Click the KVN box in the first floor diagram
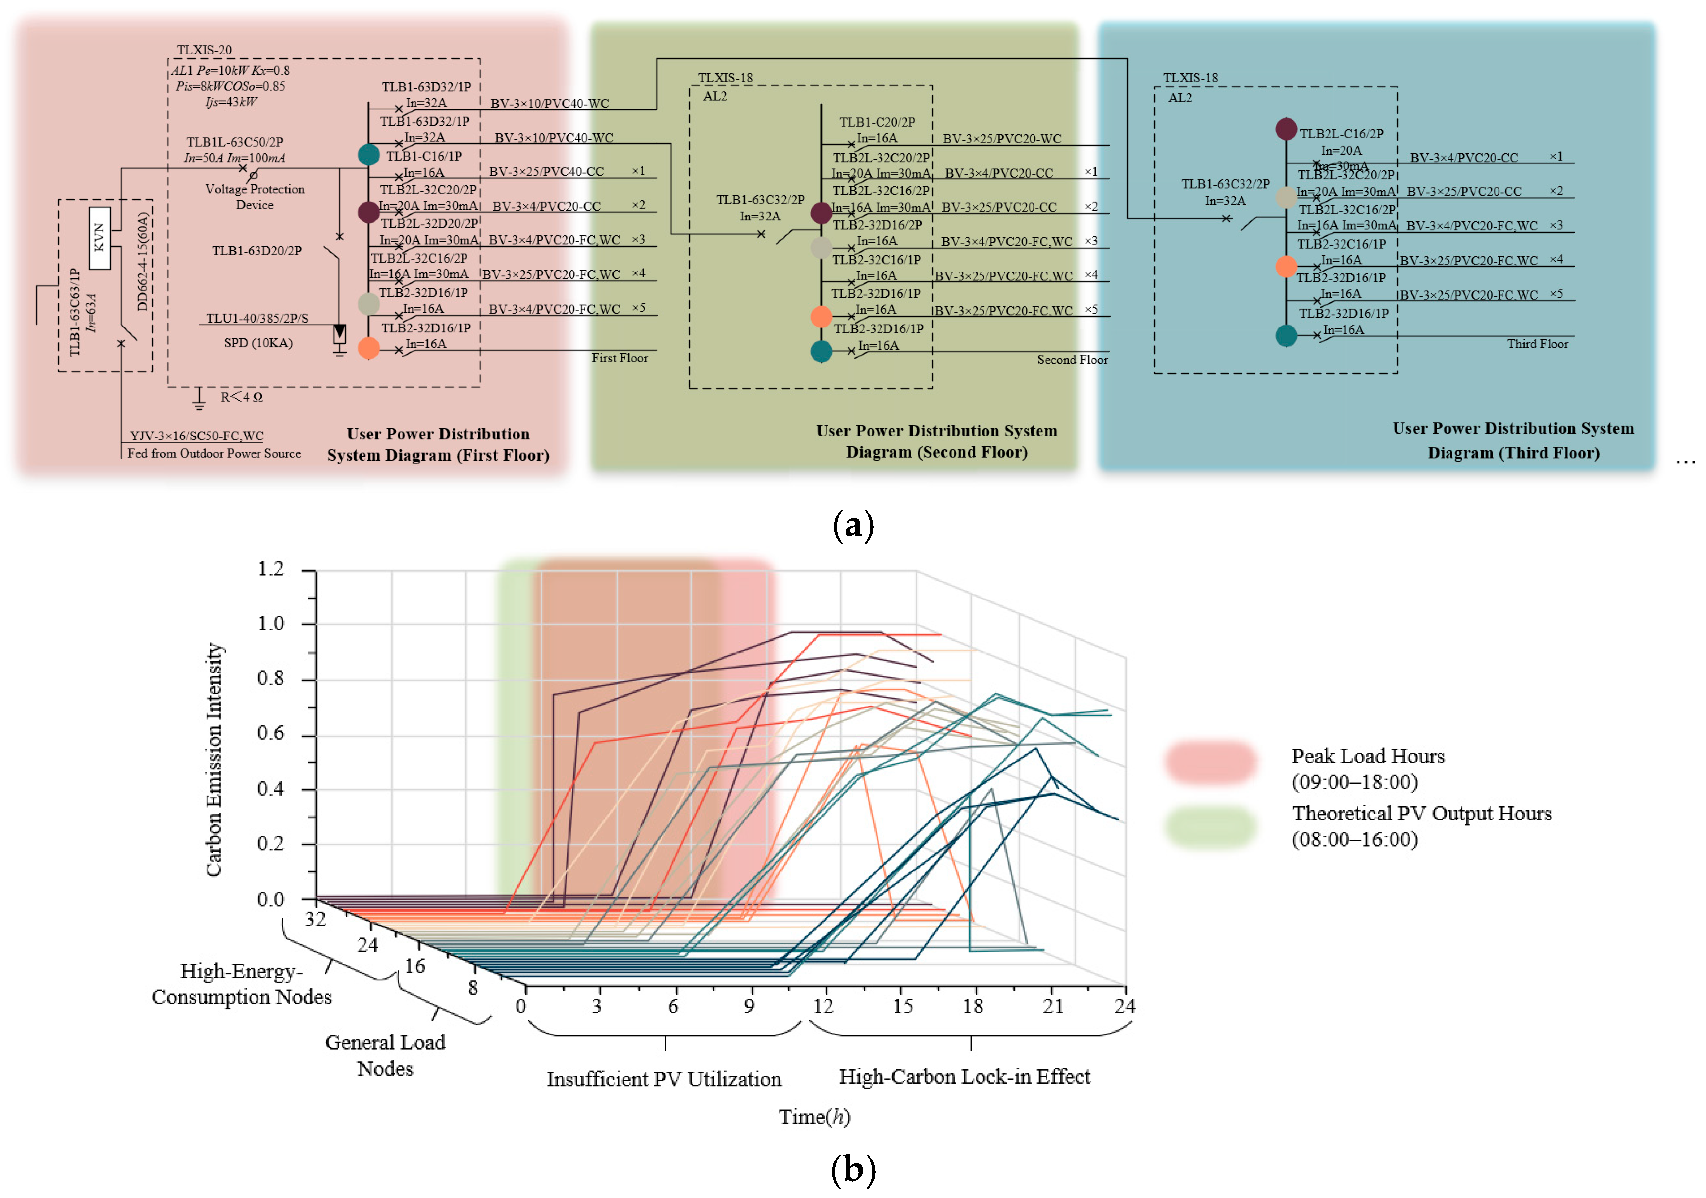[x=99, y=237]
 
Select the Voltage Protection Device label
[x=255, y=197]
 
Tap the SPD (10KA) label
[x=258, y=343]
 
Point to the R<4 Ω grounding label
[x=242, y=397]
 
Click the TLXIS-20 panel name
[x=205, y=50]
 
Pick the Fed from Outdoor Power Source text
[x=214, y=453]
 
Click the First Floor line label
[x=620, y=358]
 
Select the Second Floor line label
[x=1072, y=360]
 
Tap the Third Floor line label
[x=1537, y=344]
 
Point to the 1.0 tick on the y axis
[x=271, y=623]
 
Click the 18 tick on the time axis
[x=973, y=1006]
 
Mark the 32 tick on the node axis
[x=315, y=920]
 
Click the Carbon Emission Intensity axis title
[x=214, y=760]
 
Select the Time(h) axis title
[x=814, y=1117]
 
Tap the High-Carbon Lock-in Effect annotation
[x=965, y=1077]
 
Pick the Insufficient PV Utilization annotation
[x=664, y=1079]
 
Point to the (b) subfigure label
[x=853, y=1170]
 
